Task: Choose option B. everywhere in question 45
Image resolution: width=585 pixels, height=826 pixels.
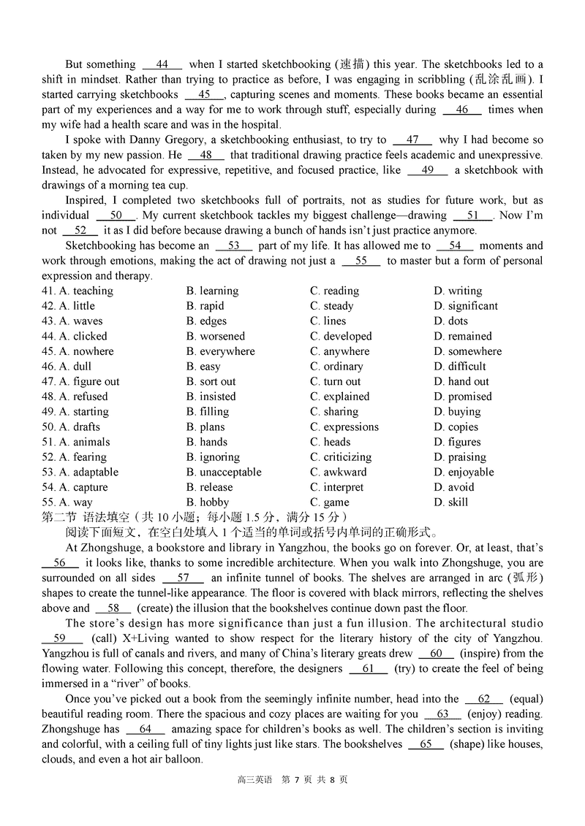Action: click(220, 351)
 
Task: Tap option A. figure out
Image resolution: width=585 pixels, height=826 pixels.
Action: click(88, 382)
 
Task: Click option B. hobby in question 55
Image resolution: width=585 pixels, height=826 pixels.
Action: click(207, 502)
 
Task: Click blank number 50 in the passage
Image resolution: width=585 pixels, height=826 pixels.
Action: click(116, 215)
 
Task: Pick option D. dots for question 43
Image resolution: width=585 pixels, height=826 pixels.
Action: click(450, 321)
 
